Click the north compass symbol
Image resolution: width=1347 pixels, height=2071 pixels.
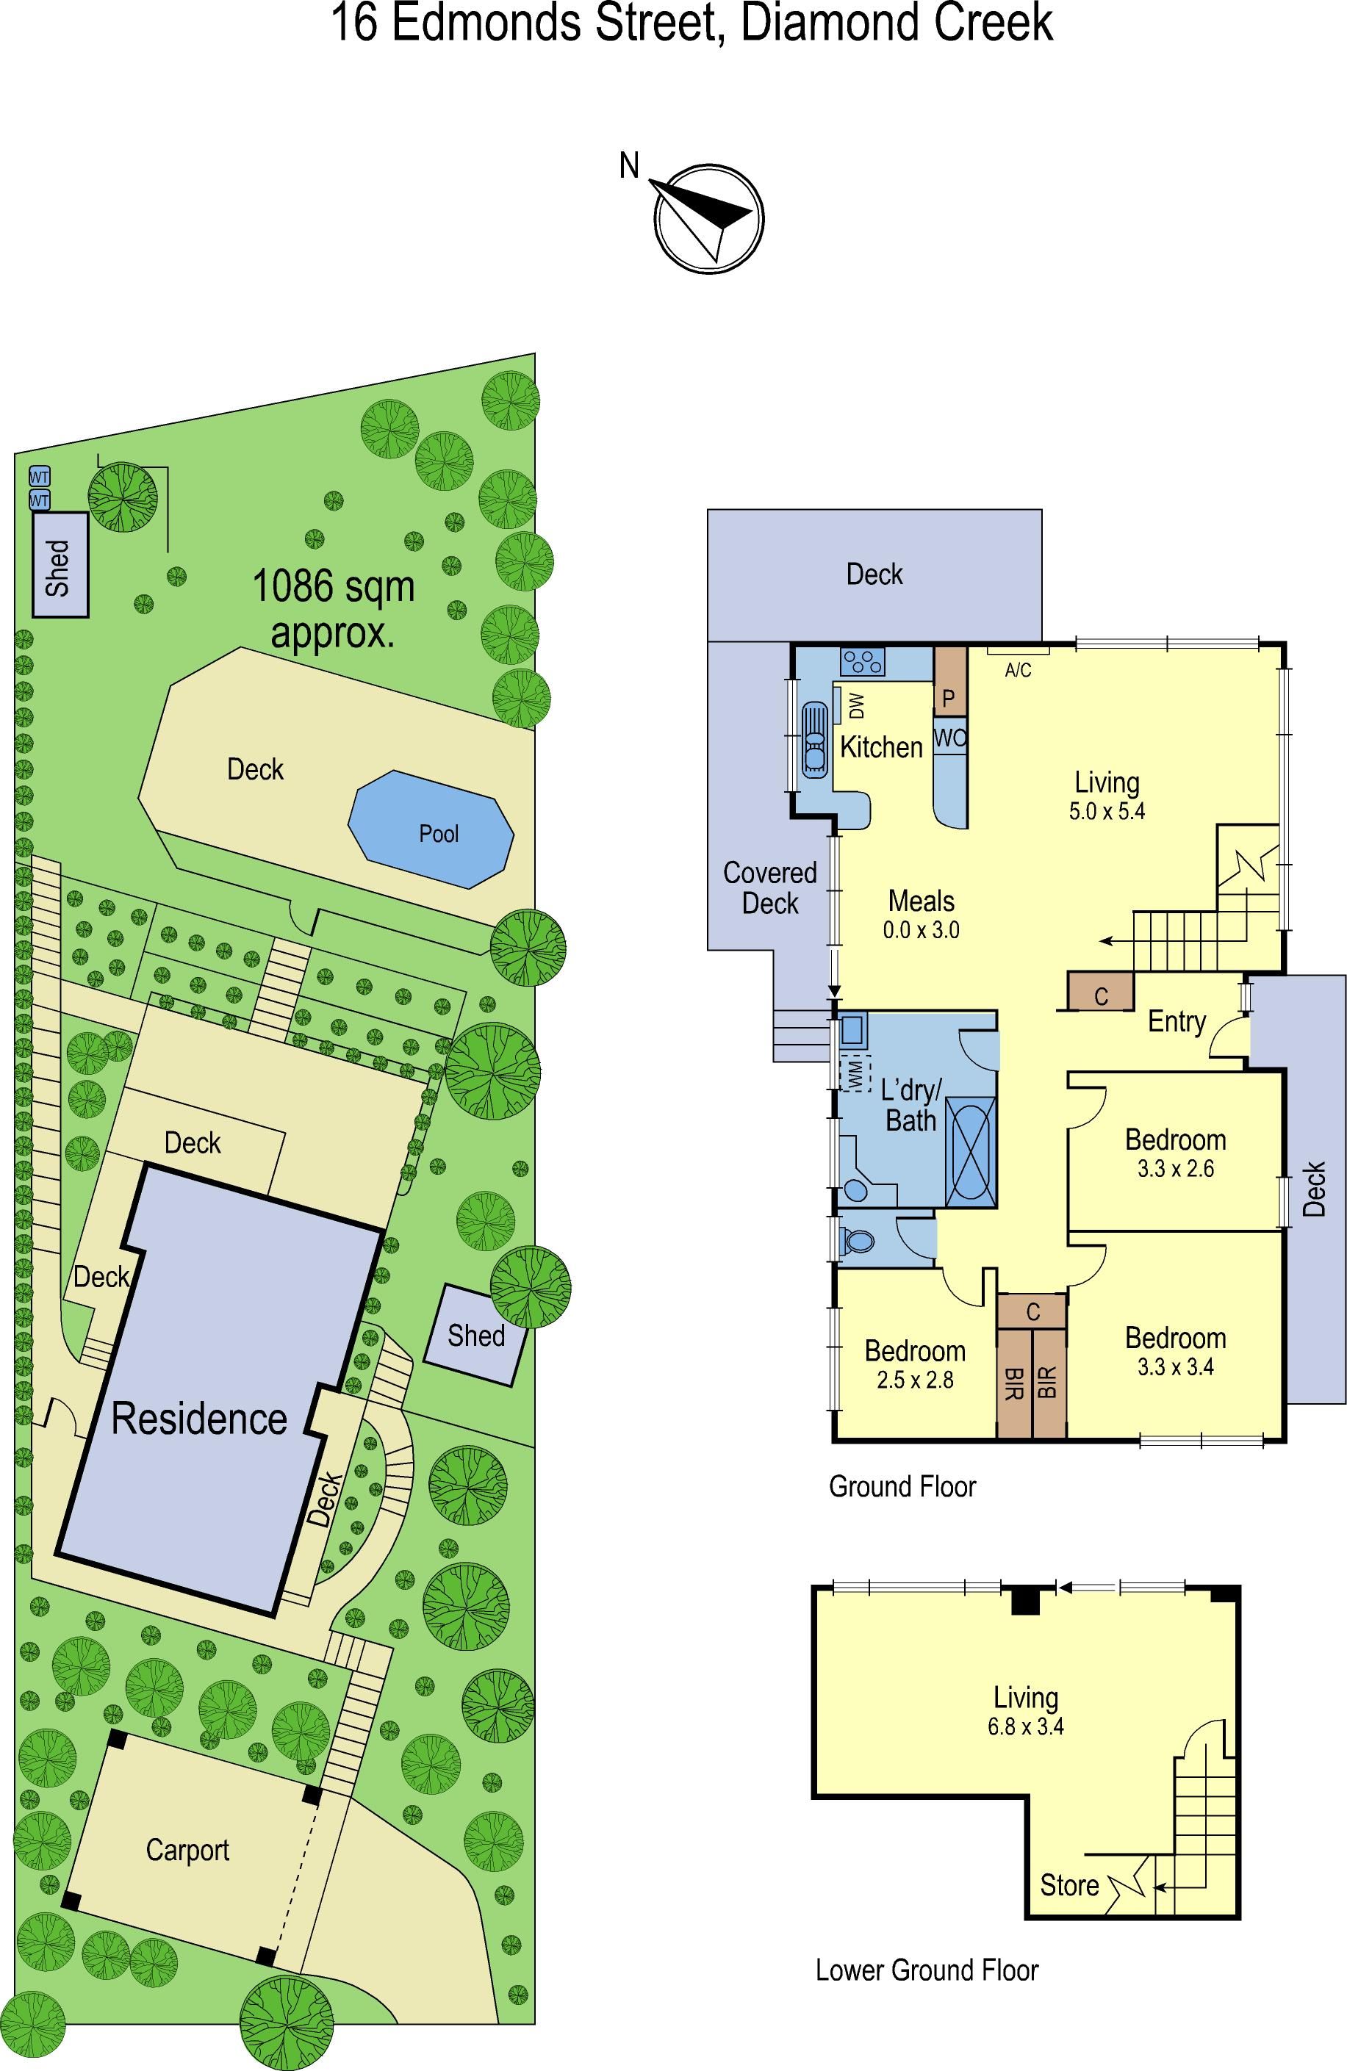tap(710, 218)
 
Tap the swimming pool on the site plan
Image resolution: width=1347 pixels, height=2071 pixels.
tap(431, 829)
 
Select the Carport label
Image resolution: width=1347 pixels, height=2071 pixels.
tap(187, 1850)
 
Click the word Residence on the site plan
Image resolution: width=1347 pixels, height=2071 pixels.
tap(199, 1419)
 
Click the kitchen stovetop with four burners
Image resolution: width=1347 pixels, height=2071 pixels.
tap(862, 661)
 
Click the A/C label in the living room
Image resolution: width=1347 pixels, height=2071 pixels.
tap(1018, 670)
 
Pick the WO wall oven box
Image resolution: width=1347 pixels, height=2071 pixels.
tap(950, 737)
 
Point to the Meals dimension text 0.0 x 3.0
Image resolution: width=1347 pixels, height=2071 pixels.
tap(921, 930)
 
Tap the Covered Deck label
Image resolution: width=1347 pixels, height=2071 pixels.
tap(770, 887)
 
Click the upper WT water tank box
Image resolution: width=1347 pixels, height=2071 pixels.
tap(39, 477)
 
